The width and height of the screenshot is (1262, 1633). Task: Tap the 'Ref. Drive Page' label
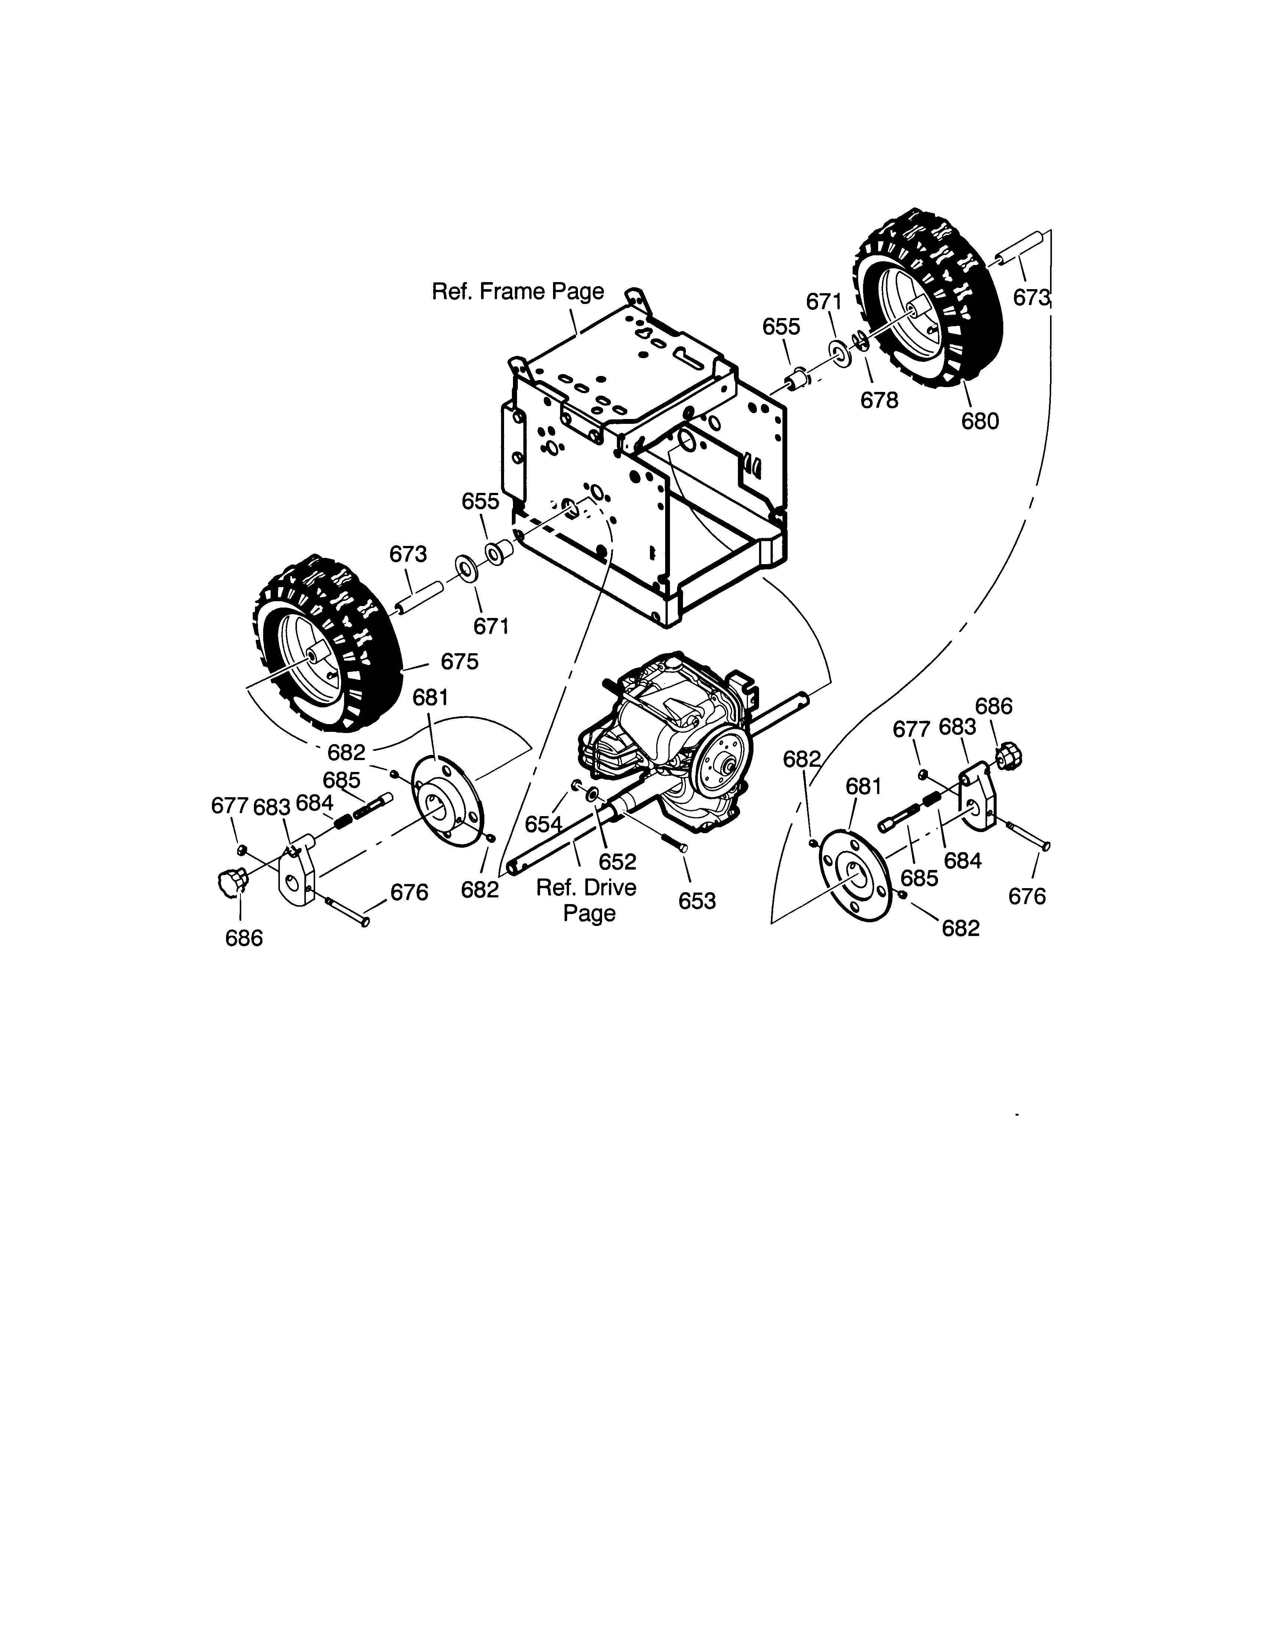click(x=587, y=900)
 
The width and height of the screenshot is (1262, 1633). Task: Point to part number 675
click(x=460, y=661)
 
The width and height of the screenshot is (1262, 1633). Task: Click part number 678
click(x=879, y=400)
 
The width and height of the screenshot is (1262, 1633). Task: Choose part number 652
click(x=618, y=861)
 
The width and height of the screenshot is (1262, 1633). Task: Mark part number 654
click(x=543, y=824)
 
